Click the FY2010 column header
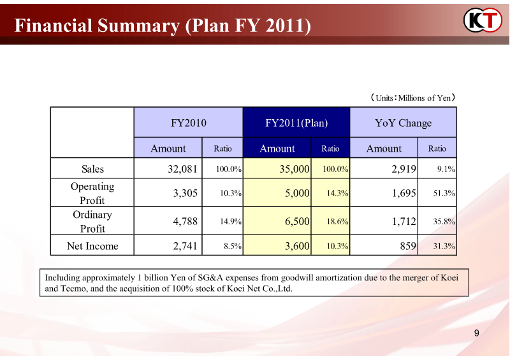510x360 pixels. pyautogui.click(x=189, y=123)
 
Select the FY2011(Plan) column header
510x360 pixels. pyautogui.click(x=296, y=123)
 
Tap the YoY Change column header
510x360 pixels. pyautogui.click(x=404, y=123)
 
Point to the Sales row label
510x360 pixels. pyautogui.click(x=92, y=169)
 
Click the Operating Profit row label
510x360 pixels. pyautogui.click(x=92, y=193)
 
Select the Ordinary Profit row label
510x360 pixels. pyautogui.click(x=92, y=221)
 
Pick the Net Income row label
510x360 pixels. pyautogui.click(x=92, y=246)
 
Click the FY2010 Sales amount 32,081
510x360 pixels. pyautogui.click(x=181, y=169)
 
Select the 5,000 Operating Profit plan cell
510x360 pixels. pyautogui.click(x=297, y=193)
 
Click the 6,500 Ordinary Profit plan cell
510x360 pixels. pyautogui.click(x=297, y=221)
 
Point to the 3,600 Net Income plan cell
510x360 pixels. pyautogui.click(x=297, y=246)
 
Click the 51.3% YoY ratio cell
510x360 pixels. pyautogui.click(x=444, y=193)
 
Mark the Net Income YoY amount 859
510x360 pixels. pyautogui.click(x=408, y=246)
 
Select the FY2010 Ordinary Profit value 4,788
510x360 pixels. pyautogui.click(x=185, y=221)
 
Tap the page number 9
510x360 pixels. pyautogui.click(x=477, y=333)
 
